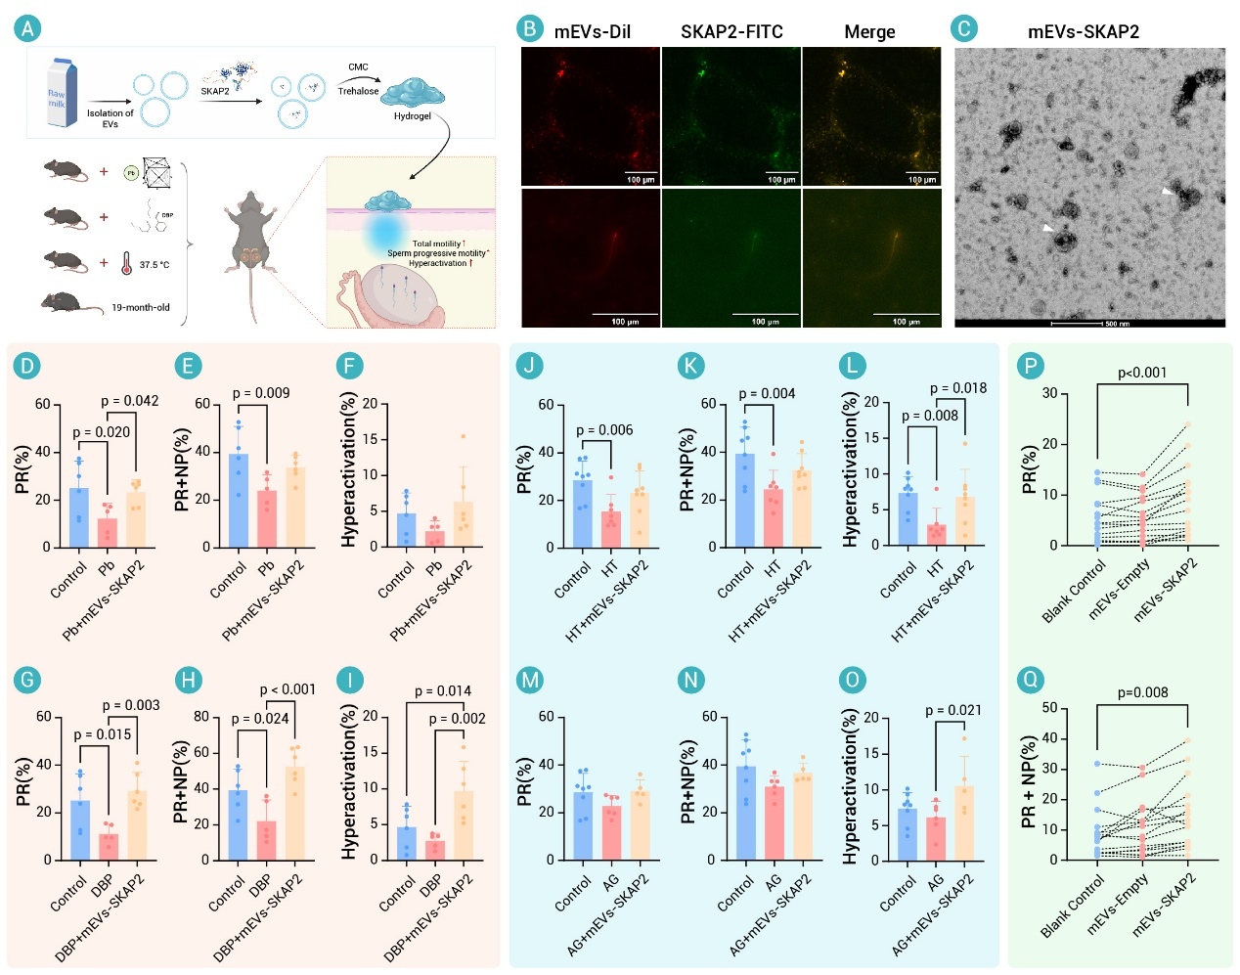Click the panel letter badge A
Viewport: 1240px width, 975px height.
click(x=27, y=28)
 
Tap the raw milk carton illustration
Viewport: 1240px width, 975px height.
click(x=62, y=93)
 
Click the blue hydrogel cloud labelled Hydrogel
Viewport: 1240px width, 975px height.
click(x=412, y=94)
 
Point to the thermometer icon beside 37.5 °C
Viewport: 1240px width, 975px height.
click(x=126, y=264)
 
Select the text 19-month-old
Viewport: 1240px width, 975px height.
click(x=140, y=307)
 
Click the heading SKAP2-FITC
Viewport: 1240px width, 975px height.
click(x=731, y=32)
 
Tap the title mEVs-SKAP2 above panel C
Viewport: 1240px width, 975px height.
click(x=1083, y=32)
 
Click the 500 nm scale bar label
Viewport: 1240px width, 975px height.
click(x=1117, y=323)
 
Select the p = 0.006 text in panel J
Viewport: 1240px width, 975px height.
click(x=604, y=430)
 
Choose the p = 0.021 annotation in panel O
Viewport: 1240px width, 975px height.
click(x=953, y=710)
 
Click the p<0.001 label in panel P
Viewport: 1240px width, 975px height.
click(x=1142, y=373)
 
